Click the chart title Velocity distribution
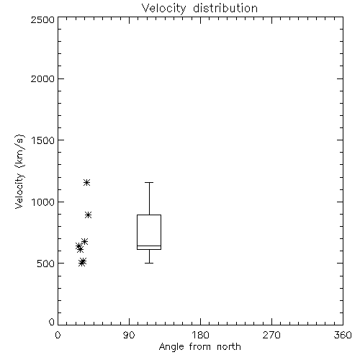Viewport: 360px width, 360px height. tap(199, 8)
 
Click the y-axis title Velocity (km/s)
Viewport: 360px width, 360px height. tap(19, 171)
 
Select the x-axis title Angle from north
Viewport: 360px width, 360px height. tap(199, 347)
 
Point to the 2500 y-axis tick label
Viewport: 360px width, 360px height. tap(42, 19)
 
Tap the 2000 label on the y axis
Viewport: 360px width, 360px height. tap(42, 78)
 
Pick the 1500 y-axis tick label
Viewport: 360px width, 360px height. tap(43, 140)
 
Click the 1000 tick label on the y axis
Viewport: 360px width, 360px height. tap(43, 202)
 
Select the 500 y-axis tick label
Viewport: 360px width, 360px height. tap(46, 264)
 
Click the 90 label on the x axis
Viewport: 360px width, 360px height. tap(129, 335)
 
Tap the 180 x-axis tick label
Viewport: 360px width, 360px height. tap(200, 335)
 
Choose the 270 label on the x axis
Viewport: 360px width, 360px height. tap(271, 335)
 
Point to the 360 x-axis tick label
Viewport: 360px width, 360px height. tap(343, 335)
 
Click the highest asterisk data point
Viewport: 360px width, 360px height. tap(86, 183)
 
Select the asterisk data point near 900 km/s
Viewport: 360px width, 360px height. tap(89, 215)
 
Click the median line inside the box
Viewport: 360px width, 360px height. tap(149, 246)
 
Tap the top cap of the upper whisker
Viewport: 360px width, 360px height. tap(149, 183)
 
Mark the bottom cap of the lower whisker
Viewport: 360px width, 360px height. tap(149, 264)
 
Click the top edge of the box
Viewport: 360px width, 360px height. tap(149, 215)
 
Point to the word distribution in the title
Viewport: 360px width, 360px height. tap(225, 8)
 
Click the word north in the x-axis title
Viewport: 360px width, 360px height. tap(229, 347)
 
